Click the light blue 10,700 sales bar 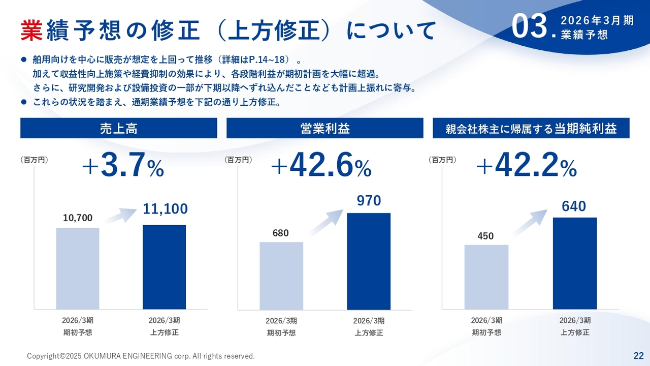(78, 268)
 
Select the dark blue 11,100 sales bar (164, 267)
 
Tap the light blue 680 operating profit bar (281, 276)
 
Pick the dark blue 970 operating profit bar (369, 261)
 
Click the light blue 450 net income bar (486, 277)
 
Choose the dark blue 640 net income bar (574, 263)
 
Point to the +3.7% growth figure (122, 166)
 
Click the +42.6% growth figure (321, 166)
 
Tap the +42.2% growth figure (526, 166)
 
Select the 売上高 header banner (119, 128)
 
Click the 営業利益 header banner (324, 128)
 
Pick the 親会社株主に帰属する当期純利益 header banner (531, 128)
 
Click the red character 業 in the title (31, 30)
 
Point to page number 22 (638, 355)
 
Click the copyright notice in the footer (141, 356)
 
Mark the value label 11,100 (165, 208)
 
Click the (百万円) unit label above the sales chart (34, 160)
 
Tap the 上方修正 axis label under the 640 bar (575, 332)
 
